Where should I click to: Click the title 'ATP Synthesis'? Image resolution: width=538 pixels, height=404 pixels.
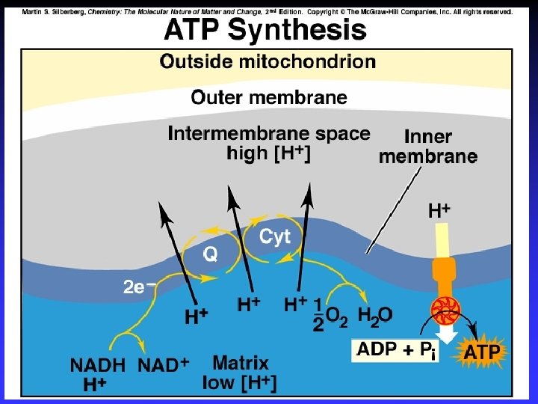pyautogui.click(x=265, y=31)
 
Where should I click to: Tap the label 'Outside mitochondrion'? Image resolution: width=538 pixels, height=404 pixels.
pyautogui.click(x=268, y=62)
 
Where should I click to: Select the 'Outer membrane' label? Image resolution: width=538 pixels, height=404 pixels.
pyautogui.click(x=269, y=97)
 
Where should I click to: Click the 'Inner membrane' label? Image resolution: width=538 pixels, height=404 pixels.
pyautogui.click(x=429, y=147)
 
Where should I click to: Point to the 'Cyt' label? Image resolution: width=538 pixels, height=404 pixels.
pyautogui.click(x=275, y=238)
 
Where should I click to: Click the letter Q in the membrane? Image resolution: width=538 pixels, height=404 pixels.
pyautogui.click(x=211, y=254)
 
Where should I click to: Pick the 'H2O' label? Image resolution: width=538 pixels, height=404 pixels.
pyautogui.click(x=374, y=316)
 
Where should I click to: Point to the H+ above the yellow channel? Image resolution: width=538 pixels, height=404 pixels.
pyautogui.click(x=439, y=212)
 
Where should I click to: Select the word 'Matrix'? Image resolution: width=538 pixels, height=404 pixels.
pyautogui.click(x=241, y=364)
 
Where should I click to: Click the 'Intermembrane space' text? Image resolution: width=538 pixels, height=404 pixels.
pyautogui.click(x=269, y=134)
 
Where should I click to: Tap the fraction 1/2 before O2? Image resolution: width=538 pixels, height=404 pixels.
pyautogui.click(x=318, y=314)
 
